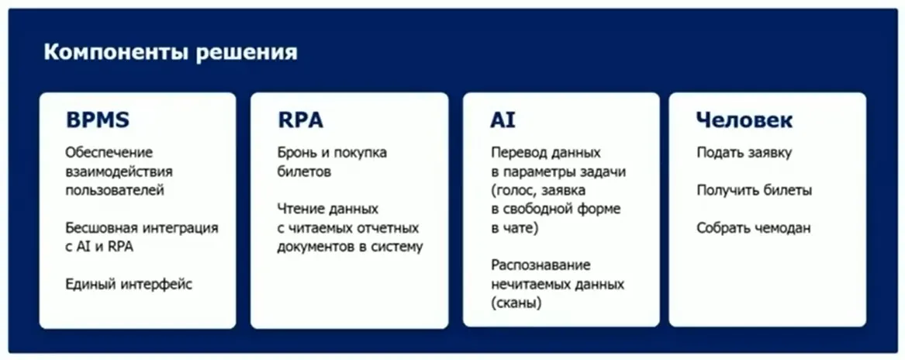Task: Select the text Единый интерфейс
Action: (129, 284)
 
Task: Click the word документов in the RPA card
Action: (315, 247)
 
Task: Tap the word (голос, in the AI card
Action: (514, 190)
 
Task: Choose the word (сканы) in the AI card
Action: (516, 303)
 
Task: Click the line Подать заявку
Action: (744, 152)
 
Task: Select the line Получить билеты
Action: (754, 190)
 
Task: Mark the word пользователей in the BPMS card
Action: (115, 190)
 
